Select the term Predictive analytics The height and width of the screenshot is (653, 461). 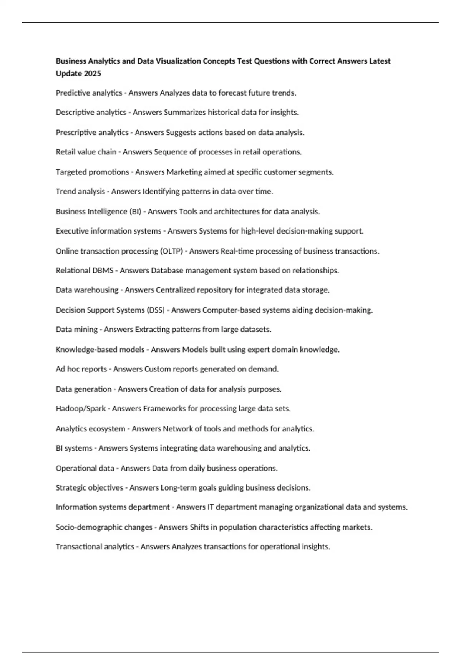(89, 93)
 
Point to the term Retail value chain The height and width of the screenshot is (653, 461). (86, 152)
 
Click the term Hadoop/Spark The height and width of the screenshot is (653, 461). (81, 409)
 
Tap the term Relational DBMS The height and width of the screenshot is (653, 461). (85, 271)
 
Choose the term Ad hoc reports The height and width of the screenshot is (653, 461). (81, 369)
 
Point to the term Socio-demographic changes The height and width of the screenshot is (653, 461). (104, 527)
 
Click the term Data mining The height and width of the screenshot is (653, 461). (77, 330)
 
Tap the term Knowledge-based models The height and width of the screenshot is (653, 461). (100, 350)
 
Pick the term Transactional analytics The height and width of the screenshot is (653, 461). (95, 547)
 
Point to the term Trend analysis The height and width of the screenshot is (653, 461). (80, 191)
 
